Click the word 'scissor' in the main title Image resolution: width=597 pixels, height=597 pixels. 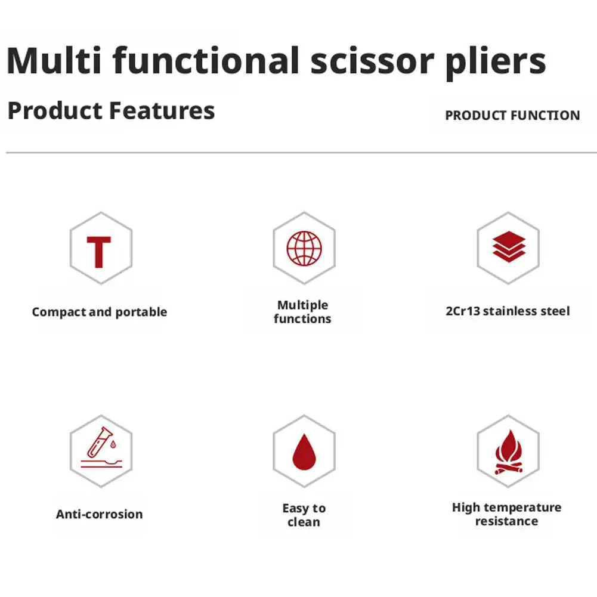372,61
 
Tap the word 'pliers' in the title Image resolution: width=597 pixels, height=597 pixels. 496,63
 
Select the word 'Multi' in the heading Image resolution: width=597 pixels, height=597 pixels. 54,60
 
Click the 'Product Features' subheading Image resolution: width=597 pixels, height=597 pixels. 111,110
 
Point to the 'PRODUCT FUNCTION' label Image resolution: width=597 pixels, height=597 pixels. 512,115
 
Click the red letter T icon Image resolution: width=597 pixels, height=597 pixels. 99,252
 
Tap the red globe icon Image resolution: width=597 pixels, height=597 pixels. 304,248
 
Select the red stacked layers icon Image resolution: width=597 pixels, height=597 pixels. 509,247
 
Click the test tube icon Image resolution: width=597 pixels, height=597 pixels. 100,442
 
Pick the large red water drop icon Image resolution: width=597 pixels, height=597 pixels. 304,452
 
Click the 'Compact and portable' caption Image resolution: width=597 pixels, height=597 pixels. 100,312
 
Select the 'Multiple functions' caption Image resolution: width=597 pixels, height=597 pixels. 303,312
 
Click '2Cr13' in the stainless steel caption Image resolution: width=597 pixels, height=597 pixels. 463,311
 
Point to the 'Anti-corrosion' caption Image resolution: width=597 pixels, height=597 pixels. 100,514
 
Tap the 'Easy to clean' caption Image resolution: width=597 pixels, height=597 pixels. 304,515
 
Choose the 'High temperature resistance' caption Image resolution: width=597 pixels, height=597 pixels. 507,514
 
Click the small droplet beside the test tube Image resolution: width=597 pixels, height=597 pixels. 113,444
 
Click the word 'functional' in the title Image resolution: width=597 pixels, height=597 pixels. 206,60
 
